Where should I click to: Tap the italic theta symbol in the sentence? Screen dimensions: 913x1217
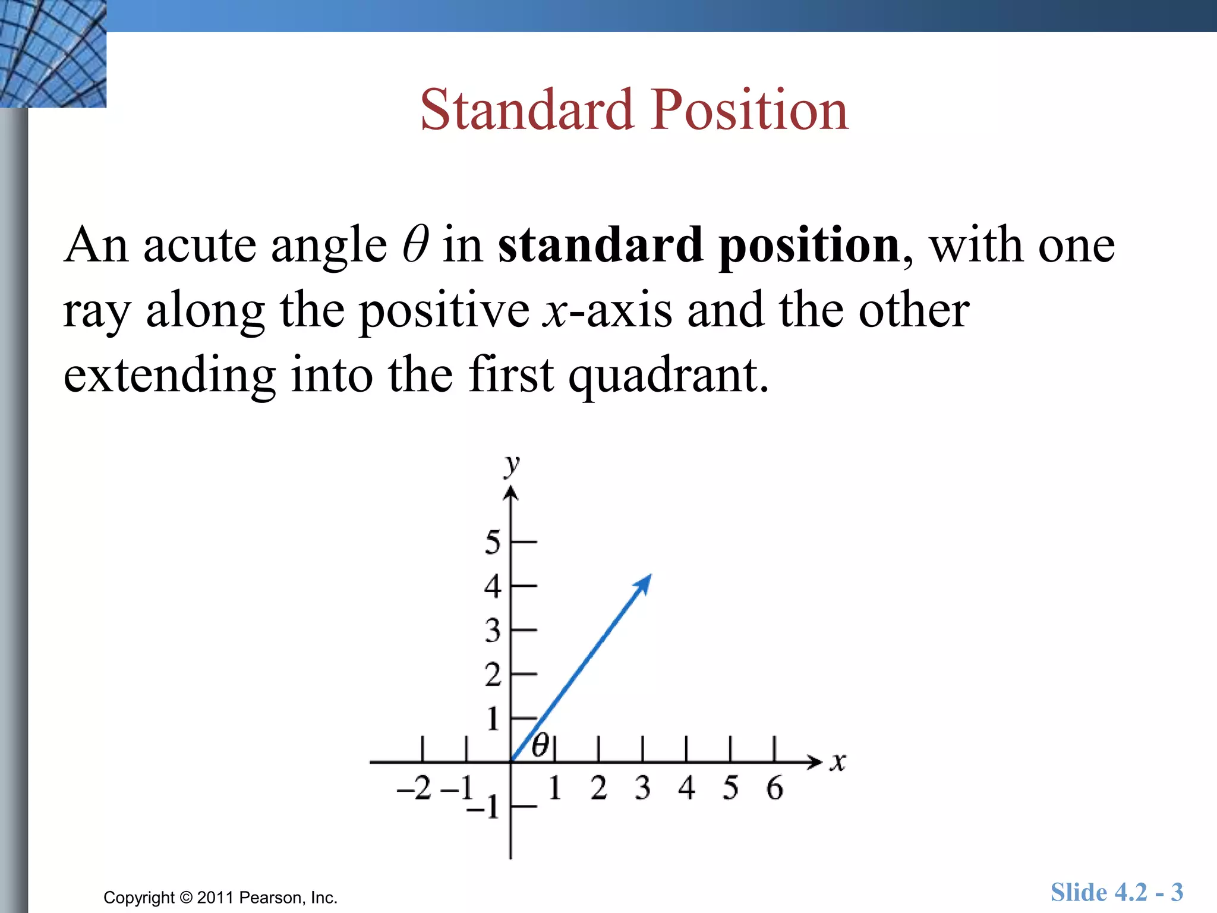415,244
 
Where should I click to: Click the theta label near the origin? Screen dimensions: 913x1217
540,745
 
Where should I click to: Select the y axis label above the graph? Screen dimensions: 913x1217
511,465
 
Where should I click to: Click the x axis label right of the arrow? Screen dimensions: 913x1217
838,762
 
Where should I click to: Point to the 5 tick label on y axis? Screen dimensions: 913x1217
493,542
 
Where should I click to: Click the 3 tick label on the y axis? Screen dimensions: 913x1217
493,631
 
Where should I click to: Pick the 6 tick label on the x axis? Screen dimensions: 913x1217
774,789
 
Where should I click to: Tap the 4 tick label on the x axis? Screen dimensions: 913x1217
686,789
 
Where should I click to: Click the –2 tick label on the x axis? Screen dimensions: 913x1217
414,789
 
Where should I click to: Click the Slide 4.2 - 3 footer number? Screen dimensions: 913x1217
1117,893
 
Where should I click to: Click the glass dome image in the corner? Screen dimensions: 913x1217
53,53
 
